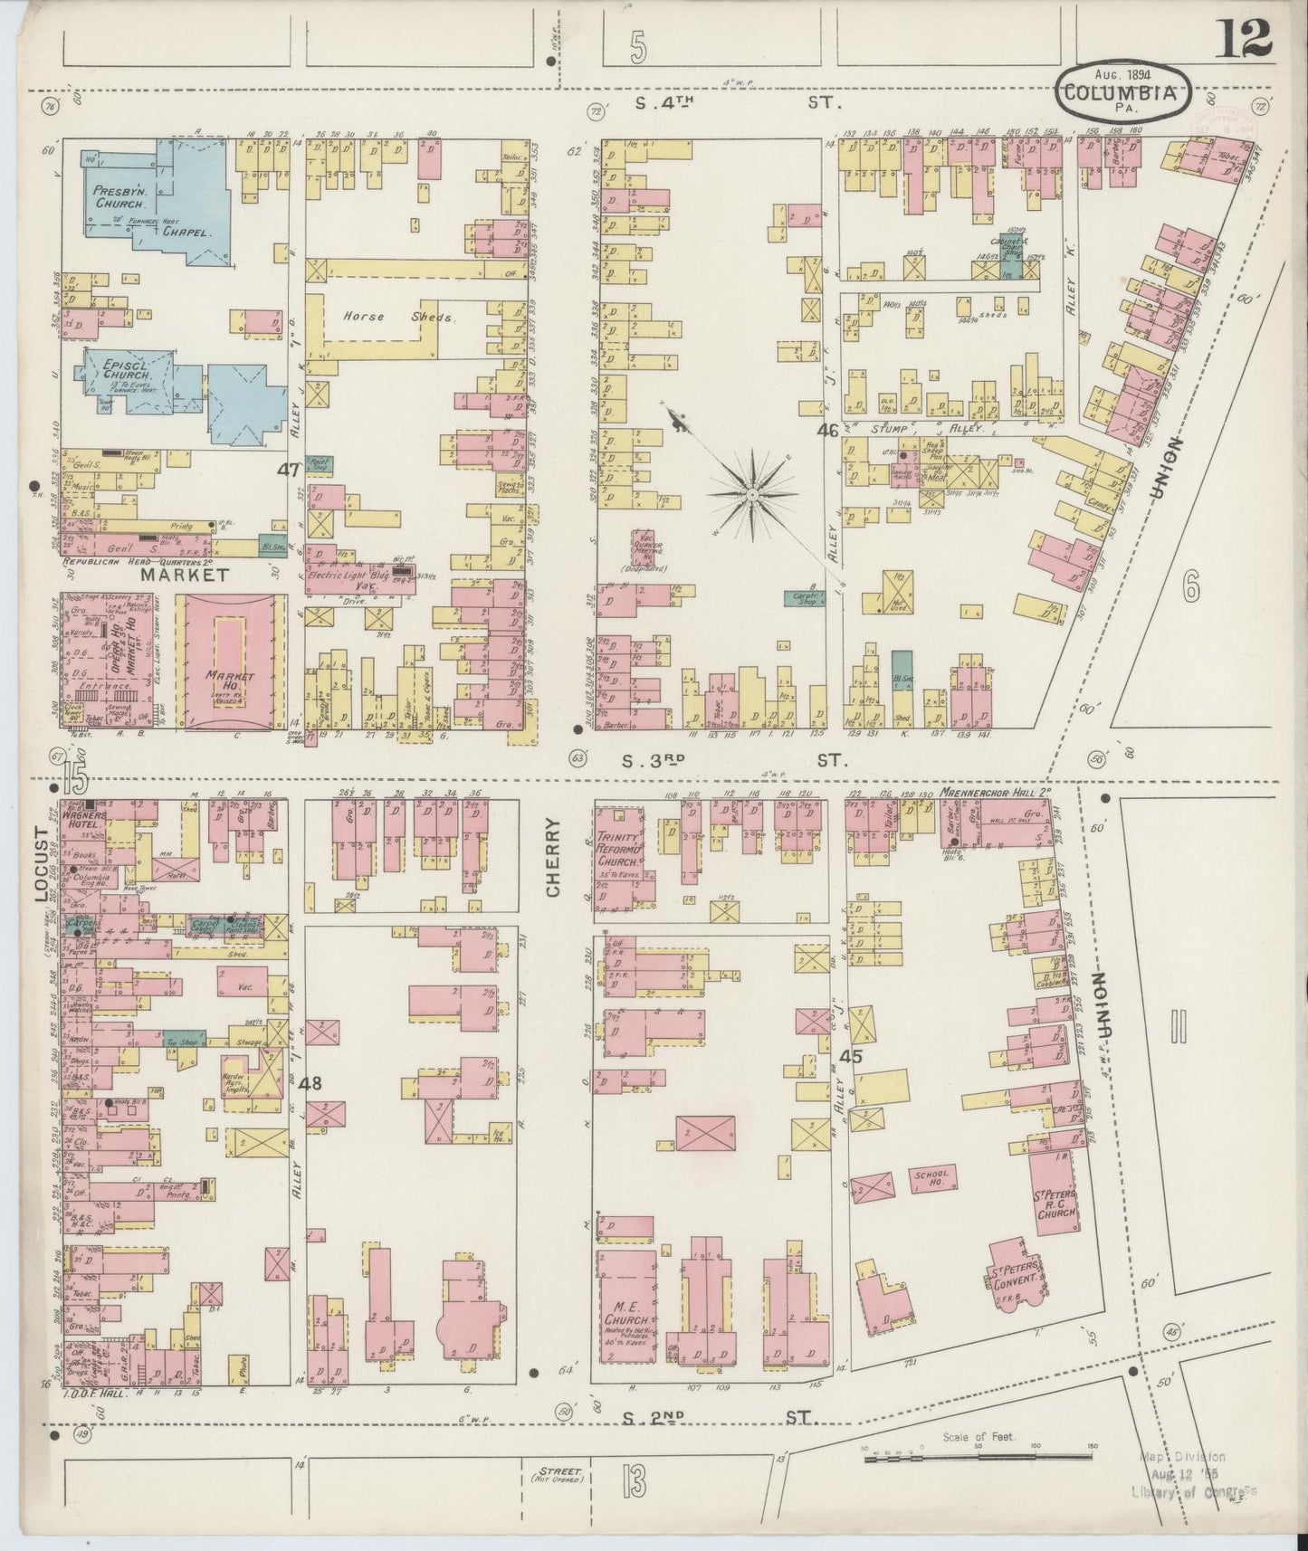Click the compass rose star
pos(752,494)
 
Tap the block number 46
pos(826,431)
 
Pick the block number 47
pos(288,470)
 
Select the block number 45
pos(850,1056)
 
